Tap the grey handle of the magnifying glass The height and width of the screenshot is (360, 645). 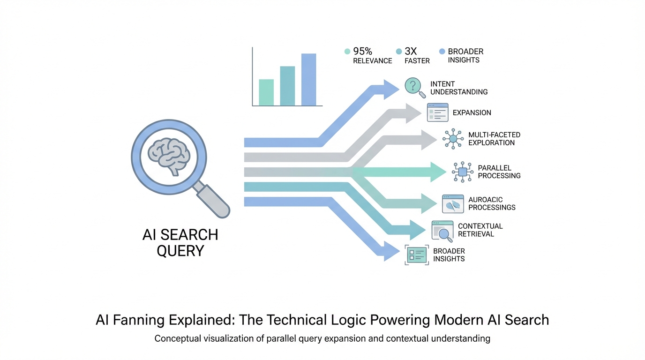click(212, 200)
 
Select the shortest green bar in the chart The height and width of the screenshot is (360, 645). click(266, 92)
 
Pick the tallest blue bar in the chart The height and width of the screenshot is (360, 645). click(308, 80)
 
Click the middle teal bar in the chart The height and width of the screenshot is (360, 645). click(287, 86)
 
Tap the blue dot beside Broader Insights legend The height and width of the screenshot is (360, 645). click(441, 52)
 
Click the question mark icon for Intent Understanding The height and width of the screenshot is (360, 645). click(413, 86)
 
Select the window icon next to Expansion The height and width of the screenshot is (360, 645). click(438, 112)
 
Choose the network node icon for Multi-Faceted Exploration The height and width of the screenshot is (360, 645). click(453, 139)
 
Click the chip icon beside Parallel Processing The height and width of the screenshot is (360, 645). click(463, 172)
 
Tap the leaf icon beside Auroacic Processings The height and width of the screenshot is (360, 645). click(453, 204)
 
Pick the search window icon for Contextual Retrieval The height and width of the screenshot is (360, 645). click(442, 230)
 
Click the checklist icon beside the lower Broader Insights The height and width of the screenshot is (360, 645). click(416, 255)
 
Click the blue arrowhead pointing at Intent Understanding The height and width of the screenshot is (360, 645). click(391, 89)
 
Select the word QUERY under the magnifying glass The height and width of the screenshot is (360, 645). click(180, 251)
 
